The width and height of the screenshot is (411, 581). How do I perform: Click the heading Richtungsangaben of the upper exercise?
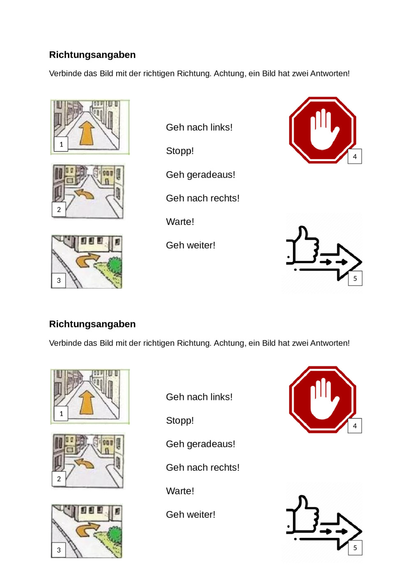tap(92, 55)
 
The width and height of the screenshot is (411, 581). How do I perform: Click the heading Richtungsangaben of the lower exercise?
tap(92, 324)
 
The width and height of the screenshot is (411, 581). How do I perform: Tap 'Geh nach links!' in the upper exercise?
tap(199, 127)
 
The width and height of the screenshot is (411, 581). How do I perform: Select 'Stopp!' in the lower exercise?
tap(180, 420)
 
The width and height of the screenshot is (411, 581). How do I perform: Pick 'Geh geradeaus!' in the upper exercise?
tap(201, 175)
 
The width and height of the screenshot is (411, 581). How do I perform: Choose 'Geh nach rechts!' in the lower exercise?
tap(203, 467)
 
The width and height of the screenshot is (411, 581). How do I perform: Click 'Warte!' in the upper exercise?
tap(180, 222)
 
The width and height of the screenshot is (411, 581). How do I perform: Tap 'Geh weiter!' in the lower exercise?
tap(191, 514)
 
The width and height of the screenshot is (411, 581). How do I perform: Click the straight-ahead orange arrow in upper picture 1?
tap(87, 133)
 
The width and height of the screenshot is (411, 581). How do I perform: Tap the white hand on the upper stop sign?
tap(325, 129)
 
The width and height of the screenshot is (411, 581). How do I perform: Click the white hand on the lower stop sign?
tap(325, 399)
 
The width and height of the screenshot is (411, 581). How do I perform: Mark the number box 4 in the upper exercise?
tap(355, 156)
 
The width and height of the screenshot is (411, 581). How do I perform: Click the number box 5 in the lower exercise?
tap(355, 548)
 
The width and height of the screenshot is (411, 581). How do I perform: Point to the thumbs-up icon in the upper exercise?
tap(302, 246)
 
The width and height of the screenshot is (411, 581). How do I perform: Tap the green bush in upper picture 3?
tap(115, 264)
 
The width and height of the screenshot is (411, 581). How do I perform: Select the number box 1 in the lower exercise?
tap(61, 413)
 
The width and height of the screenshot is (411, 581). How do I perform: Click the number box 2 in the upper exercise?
tap(59, 209)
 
